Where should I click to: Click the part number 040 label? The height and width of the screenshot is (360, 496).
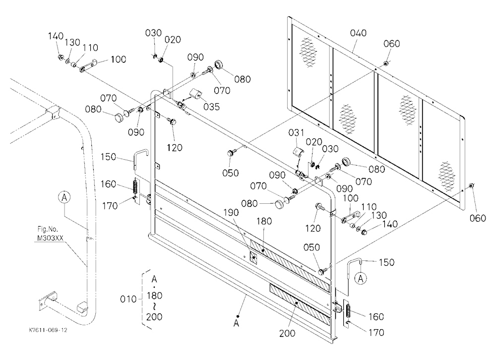tap(358, 33)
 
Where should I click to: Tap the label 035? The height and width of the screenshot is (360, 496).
tap(211, 107)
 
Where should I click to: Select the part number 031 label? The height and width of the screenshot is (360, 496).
tap(296, 132)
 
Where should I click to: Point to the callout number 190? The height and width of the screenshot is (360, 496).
tap(231, 213)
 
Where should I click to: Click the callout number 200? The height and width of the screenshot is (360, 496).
tap(287, 333)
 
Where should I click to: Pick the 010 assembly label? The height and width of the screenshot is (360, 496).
tap(128, 299)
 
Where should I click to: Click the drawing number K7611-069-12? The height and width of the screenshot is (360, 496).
tap(48, 330)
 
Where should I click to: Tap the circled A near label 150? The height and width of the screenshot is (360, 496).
tap(361, 278)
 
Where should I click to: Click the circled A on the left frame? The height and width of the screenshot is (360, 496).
tap(64, 197)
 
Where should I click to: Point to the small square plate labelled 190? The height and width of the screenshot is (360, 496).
tap(254, 257)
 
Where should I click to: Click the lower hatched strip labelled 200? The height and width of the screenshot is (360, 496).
tap(300, 305)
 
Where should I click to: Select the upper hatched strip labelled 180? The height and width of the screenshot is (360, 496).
tap(290, 266)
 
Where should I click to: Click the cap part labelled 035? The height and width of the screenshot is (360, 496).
tap(195, 94)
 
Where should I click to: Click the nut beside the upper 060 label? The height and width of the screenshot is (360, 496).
tap(385, 63)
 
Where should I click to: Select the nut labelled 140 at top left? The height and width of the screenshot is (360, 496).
tap(60, 57)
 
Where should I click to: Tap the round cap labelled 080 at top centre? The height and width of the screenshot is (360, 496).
tap(219, 64)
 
